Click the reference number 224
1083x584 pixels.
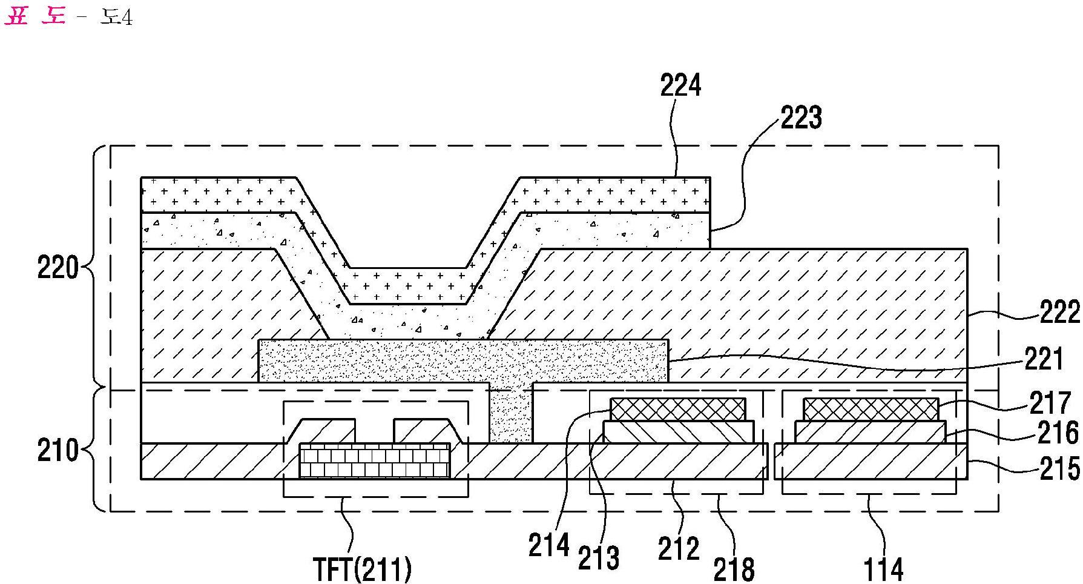680,86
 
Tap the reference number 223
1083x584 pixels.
801,118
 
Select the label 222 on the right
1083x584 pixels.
1059,313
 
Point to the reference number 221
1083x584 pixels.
1044,359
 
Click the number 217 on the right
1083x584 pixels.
1051,403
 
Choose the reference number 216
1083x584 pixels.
1058,433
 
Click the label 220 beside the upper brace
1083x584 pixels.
58,267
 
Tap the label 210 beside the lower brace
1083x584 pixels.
58,451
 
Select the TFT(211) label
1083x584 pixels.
362,569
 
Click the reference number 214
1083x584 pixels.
549,545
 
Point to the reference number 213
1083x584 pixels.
599,558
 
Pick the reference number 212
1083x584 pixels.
679,549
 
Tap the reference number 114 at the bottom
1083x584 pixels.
884,569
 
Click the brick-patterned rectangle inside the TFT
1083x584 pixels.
375,460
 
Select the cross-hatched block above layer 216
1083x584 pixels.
871,410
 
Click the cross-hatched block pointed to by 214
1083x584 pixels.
678,410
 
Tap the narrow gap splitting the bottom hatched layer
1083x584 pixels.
771,461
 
